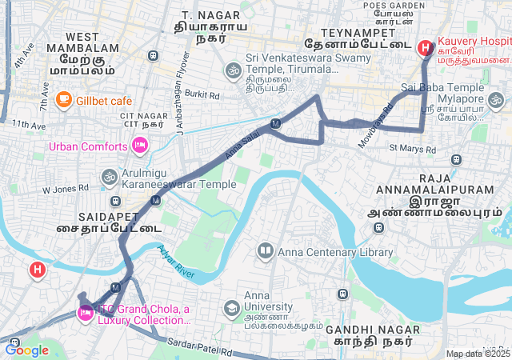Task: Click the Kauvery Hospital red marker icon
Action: (x=424, y=47)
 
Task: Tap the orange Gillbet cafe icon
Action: (x=64, y=100)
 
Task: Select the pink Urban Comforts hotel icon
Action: (x=139, y=145)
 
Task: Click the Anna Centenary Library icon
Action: (x=266, y=252)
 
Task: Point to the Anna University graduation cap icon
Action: (x=231, y=308)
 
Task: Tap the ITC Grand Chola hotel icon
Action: (x=85, y=313)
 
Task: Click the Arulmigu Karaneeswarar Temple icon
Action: (x=109, y=176)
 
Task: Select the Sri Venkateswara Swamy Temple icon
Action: (x=234, y=70)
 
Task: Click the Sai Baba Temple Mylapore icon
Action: (x=497, y=101)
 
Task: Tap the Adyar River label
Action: (x=176, y=262)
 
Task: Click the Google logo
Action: (x=26, y=349)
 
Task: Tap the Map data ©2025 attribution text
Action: (x=478, y=354)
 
